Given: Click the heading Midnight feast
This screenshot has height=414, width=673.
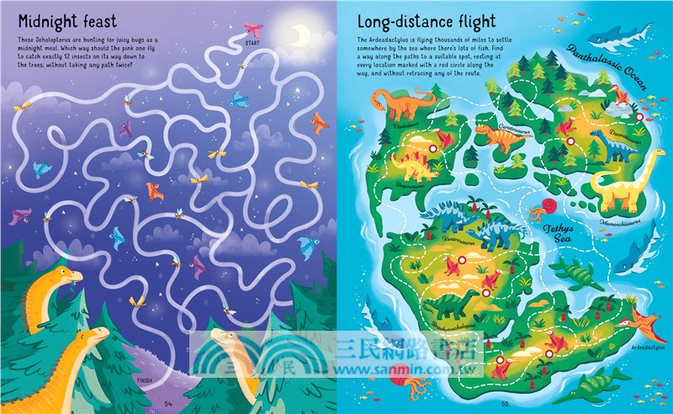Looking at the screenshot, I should pyautogui.click(x=66, y=20).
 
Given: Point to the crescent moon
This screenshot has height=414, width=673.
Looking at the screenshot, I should pyautogui.click(x=299, y=34).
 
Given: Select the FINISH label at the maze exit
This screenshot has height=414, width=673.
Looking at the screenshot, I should pyautogui.click(x=144, y=379).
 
